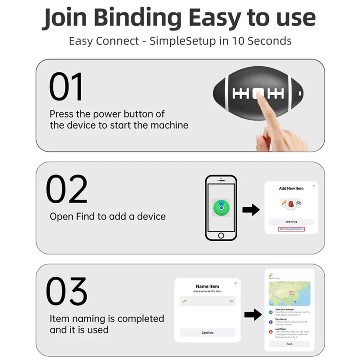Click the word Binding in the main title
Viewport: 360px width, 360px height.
144,18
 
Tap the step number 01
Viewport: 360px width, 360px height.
66,87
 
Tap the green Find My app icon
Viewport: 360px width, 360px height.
221,208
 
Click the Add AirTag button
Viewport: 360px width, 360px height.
291,222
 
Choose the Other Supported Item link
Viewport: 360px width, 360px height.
291,229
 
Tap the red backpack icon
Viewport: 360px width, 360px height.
291,203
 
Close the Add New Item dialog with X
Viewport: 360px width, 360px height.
314,186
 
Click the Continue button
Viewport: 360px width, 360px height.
207,332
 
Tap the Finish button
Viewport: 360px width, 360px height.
289,344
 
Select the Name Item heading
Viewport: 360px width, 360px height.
207,286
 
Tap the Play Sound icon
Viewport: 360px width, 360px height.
271,322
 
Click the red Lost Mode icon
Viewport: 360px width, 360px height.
271,332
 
